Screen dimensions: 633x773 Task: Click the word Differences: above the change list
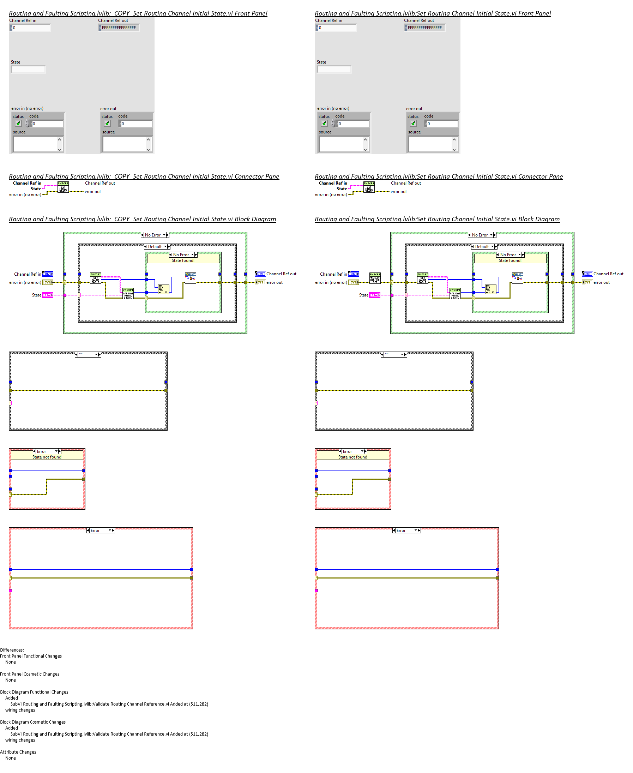12,650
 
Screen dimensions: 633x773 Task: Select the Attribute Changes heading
18,752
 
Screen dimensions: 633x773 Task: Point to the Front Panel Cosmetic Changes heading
30,674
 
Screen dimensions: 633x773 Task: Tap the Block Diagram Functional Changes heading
34,692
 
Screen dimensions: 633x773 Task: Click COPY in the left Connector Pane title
122,176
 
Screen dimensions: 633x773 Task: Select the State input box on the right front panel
334,69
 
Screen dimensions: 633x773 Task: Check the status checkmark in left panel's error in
19,124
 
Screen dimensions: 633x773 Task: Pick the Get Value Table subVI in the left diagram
96,278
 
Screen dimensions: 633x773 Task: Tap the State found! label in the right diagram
510,260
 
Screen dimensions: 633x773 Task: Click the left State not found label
47,457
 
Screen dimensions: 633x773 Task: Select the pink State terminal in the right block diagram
374,295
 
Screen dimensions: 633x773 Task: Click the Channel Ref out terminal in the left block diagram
260,274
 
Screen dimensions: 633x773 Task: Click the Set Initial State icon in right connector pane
369,187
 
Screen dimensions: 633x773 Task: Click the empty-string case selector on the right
393,354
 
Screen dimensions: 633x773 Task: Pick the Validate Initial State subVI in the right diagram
455,294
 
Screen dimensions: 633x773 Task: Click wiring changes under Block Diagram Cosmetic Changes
20,740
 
